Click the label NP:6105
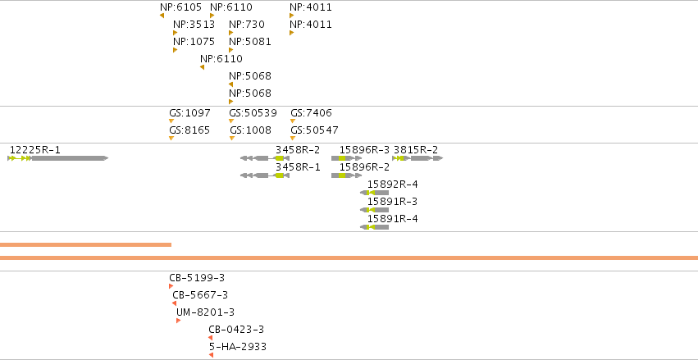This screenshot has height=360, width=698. pyautogui.click(x=180, y=7)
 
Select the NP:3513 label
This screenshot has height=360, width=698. pyautogui.click(x=194, y=25)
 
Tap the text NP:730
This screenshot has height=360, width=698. pyautogui.click(x=247, y=25)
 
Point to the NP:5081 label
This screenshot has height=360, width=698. pyautogui.click(x=249, y=42)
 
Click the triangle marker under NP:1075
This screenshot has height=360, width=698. pyautogui.click(x=175, y=50)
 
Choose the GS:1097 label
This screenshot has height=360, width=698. pyautogui.click(x=189, y=113)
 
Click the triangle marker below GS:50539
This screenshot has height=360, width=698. pyautogui.click(x=231, y=121)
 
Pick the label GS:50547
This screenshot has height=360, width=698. pyautogui.click(x=314, y=130)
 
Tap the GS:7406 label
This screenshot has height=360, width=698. pyautogui.click(x=311, y=113)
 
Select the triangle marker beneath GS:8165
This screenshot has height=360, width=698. pyautogui.click(x=171, y=139)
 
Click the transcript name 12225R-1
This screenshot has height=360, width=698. pyautogui.click(x=34, y=150)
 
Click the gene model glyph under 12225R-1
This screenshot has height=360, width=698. pyautogui.click(x=58, y=158)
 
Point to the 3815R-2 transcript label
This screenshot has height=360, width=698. pyautogui.click(x=416, y=150)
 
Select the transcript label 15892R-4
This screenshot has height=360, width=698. pyautogui.click(x=393, y=185)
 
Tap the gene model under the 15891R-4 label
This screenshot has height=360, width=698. pyautogui.click(x=374, y=227)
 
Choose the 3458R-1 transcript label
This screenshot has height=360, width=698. pyautogui.click(x=298, y=167)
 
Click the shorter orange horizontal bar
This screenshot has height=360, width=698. pyautogui.click(x=85, y=244)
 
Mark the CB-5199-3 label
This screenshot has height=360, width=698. pyautogui.click(x=197, y=278)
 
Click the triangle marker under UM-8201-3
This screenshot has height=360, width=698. pyautogui.click(x=179, y=321)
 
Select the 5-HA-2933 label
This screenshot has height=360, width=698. pyautogui.click(x=238, y=347)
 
